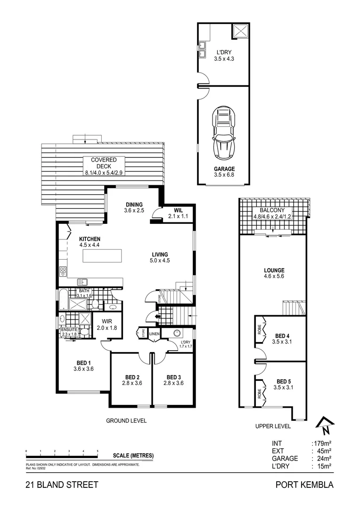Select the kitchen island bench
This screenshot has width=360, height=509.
(102, 256)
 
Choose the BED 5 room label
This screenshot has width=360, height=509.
(283, 381)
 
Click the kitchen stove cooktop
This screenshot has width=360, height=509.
(63, 272)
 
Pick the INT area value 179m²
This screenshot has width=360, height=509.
(322, 443)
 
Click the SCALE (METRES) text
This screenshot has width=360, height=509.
(133, 455)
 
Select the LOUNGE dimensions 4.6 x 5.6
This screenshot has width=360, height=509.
(274, 277)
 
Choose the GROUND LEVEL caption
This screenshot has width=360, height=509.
(126, 420)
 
